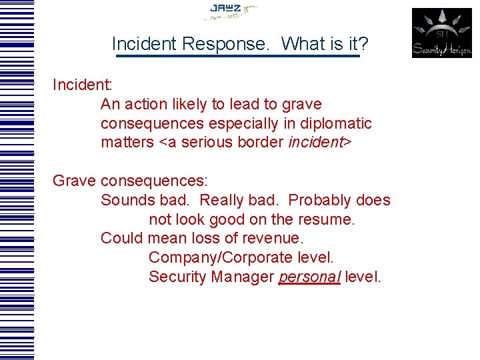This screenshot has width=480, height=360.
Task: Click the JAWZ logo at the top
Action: coord(230,11)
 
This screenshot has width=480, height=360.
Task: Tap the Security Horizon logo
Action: coord(441,33)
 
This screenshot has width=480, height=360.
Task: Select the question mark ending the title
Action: coord(363,44)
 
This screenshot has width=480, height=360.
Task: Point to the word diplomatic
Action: coord(337,123)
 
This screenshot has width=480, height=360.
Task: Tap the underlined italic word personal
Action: coord(309,277)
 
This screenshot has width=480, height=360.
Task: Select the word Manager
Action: coord(243,277)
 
